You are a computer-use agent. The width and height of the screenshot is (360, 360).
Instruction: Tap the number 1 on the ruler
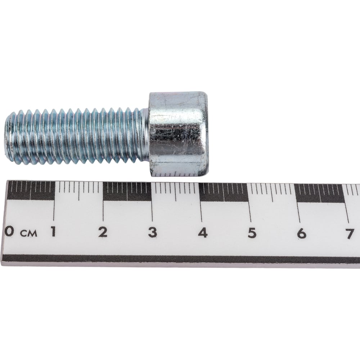point(53,231)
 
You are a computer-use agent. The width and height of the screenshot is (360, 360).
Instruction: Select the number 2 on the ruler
point(103,232)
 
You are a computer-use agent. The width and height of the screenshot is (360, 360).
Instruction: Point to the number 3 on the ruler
point(153,233)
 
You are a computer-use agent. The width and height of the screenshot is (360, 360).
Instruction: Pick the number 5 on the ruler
point(252,233)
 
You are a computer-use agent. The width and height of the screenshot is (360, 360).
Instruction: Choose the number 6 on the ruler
point(301,234)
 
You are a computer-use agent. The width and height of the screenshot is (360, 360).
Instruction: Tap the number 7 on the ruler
point(350,234)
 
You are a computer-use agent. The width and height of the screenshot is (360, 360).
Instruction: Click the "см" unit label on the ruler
point(29,234)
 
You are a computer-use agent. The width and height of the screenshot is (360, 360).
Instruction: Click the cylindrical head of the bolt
point(179,134)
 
